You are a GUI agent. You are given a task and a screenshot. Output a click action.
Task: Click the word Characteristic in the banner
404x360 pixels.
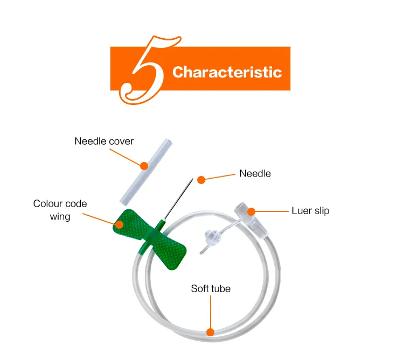227,72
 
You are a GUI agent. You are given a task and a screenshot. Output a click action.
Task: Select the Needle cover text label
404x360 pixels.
104,141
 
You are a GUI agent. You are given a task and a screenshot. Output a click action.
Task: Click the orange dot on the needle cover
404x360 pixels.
144,166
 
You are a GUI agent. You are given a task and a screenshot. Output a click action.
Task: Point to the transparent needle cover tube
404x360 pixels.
146,172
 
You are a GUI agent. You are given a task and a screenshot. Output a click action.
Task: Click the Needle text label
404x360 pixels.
255,173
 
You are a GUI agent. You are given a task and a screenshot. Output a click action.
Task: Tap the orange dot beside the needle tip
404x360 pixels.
201,180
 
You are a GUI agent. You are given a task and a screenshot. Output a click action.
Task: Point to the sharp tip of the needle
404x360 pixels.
193,177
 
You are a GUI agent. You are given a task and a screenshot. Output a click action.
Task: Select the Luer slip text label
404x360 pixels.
310,211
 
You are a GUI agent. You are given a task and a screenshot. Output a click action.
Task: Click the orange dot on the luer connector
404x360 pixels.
251,211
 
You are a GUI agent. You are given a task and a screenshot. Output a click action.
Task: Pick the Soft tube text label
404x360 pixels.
211,288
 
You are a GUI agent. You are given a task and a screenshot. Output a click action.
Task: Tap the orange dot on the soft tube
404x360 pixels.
210,332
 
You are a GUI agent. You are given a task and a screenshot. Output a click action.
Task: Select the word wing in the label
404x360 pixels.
60,216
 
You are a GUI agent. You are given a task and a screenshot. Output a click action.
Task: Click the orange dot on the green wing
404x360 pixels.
119,224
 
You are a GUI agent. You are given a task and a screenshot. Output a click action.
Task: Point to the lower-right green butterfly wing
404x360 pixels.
171,253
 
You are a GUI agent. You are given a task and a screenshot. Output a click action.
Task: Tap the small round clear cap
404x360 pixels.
212,237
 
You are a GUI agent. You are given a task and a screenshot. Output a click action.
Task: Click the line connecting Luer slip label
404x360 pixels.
272,211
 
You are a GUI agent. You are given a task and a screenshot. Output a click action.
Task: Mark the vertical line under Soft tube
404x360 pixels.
211,312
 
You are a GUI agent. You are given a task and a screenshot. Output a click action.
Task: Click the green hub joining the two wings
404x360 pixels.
152,236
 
